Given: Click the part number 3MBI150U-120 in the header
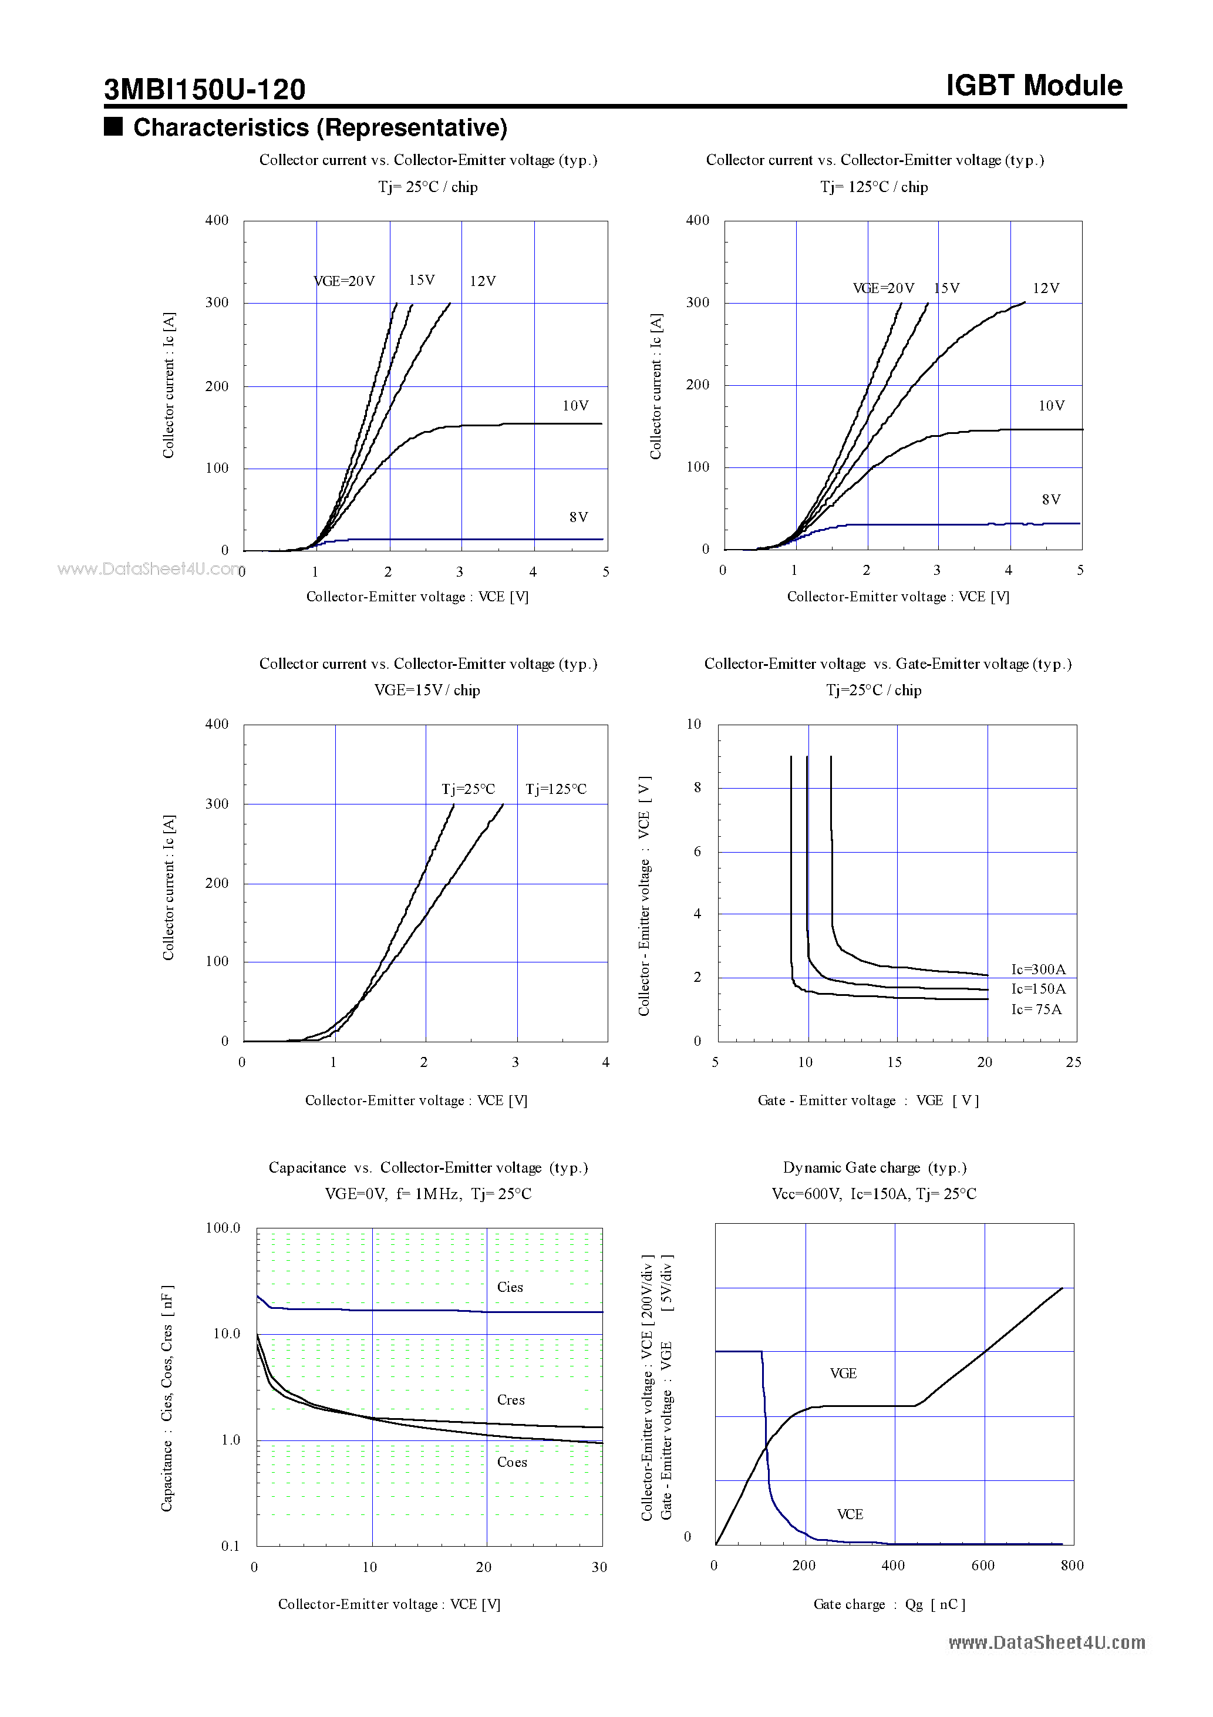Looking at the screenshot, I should click(204, 90).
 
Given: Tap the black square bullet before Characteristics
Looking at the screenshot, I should click(113, 126).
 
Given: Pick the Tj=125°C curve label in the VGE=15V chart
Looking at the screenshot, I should click(555, 790).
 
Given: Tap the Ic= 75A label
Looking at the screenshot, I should click(1036, 1009).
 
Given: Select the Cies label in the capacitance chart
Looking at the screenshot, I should click(510, 1288).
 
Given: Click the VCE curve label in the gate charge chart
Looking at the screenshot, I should click(850, 1514).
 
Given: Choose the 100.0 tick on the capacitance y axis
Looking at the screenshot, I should click(223, 1228).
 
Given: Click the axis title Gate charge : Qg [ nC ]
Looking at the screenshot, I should click(889, 1605).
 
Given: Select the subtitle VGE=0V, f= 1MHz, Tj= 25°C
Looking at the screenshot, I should click(428, 1194).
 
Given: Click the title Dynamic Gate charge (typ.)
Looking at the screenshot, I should click(874, 1168).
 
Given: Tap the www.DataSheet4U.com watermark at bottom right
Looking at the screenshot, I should click(1046, 1643).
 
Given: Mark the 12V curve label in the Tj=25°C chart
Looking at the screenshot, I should click(483, 281).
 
